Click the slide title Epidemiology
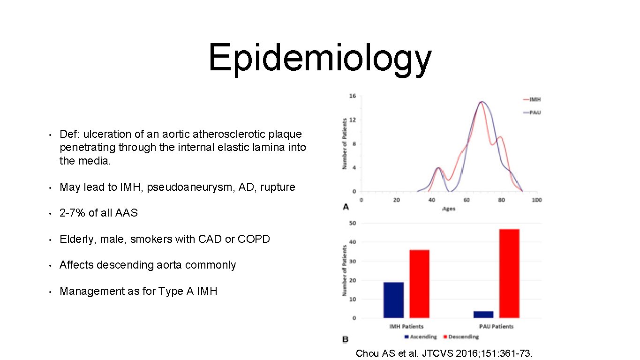tap(320, 58)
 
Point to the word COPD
tap(254, 239)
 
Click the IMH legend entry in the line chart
tap(535, 99)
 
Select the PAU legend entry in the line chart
tap(535, 112)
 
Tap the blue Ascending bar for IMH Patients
tap(393, 300)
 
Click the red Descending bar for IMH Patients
tap(419, 284)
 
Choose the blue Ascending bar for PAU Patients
tap(483, 314)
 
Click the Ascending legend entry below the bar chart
tap(420, 337)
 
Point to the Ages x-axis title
tap(448, 208)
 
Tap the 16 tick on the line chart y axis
tap(352, 96)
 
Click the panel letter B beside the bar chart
tap(346, 339)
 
